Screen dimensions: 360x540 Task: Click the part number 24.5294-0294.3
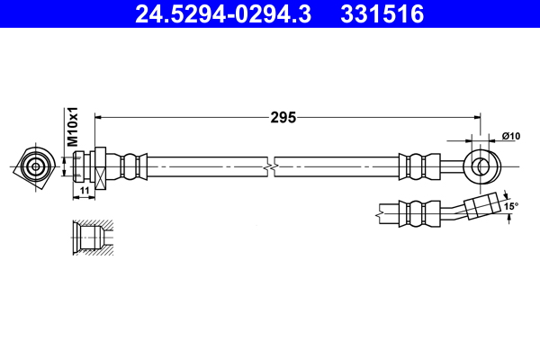point(222,14)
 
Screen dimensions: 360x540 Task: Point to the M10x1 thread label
point(75,127)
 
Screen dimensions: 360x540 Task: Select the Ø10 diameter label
point(510,136)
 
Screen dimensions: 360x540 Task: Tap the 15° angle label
point(510,206)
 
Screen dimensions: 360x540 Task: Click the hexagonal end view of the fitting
point(35,166)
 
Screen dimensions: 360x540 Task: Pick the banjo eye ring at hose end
point(482,166)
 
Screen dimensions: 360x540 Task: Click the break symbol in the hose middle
point(271,166)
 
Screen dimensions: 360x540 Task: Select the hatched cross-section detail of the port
point(92,238)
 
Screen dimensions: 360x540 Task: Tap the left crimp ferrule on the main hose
point(134,166)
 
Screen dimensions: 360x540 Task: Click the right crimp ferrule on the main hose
point(415,166)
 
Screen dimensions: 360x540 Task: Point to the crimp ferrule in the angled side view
point(415,213)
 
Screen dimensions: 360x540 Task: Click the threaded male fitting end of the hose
point(82,166)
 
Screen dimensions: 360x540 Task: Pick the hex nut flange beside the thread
point(101,166)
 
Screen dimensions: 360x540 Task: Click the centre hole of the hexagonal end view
point(35,166)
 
